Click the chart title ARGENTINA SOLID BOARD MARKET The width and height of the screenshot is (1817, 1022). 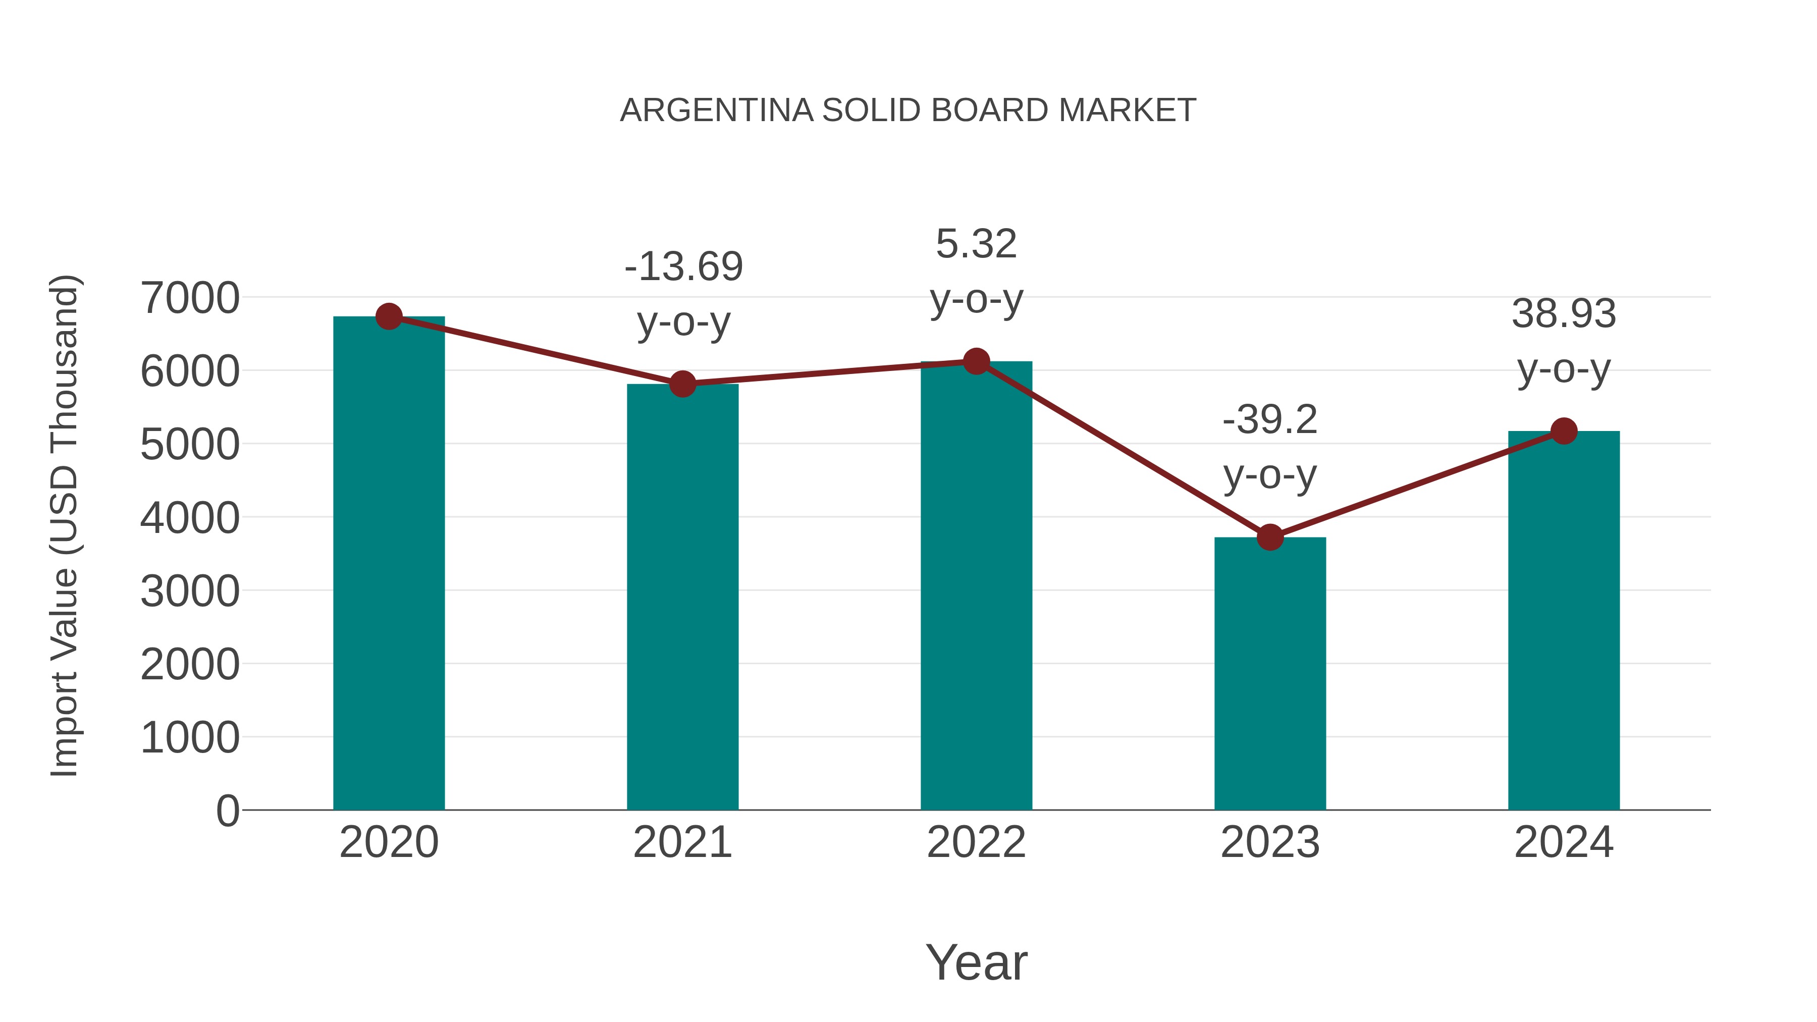908,111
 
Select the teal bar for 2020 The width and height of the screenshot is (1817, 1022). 389,564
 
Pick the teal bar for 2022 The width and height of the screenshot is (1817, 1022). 976,585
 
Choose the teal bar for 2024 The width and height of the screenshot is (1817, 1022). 1564,621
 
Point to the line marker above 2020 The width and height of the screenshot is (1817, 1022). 389,316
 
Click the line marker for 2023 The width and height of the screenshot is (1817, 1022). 1270,537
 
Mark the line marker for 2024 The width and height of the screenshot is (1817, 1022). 1564,431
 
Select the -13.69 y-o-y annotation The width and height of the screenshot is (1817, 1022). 683,294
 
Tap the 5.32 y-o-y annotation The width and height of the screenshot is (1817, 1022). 976,272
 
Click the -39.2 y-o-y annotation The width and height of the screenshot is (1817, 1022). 1270,447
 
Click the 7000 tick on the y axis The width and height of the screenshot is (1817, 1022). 190,298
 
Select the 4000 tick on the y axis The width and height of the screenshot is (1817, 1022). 190,518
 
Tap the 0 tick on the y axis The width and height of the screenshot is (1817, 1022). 228,811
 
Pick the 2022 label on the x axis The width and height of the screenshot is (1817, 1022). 976,842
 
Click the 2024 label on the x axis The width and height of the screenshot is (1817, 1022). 1564,842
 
